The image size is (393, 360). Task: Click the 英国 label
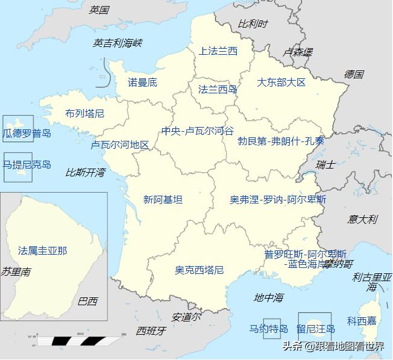click(99, 10)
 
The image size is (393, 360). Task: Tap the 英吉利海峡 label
click(118, 43)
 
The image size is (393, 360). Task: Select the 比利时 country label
click(253, 24)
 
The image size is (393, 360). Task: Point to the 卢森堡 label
click(298, 52)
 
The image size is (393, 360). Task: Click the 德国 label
click(354, 75)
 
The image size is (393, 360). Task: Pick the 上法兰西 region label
click(218, 51)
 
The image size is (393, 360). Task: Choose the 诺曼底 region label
click(142, 82)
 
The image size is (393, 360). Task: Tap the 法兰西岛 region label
click(218, 90)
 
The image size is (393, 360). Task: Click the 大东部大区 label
click(281, 82)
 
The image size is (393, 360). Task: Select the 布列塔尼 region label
click(85, 113)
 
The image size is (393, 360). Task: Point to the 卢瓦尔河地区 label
click(120, 145)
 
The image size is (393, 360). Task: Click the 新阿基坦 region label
click(163, 199)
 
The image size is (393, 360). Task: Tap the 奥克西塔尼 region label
click(200, 270)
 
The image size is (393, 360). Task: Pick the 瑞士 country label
click(325, 164)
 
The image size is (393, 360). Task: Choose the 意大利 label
click(362, 219)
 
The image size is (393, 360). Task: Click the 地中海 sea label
click(268, 297)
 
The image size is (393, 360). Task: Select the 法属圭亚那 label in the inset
click(42, 250)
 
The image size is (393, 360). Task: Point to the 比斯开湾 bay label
click(85, 173)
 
